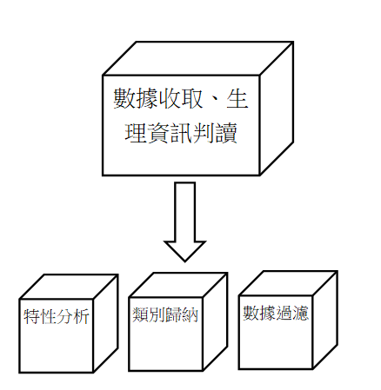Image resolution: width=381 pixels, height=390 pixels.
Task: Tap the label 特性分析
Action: pos(57,316)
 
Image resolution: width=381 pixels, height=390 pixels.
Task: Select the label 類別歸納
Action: pos(165,314)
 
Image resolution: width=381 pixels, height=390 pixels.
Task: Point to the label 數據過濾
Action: pos(276,313)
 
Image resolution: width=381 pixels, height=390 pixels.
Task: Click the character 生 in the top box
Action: pos(237,99)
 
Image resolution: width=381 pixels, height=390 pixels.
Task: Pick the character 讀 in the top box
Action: pos(226,133)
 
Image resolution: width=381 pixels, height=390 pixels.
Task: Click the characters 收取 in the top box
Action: pos(180,99)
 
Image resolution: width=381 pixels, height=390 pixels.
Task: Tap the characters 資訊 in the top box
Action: pos(170,133)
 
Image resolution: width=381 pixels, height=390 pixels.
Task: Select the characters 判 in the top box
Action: pos(204,133)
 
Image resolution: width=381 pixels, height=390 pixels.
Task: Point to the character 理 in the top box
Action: pos(136,133)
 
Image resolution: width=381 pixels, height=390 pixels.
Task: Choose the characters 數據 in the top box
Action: pos(135,99)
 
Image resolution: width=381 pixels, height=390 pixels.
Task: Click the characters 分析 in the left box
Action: pos(73,316)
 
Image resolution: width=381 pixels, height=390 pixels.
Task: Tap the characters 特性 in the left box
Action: pos(40,316)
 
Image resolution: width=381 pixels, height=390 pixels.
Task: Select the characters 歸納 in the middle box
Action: pos(182,314)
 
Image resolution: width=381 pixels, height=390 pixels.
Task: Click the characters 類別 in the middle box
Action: pos(149,314)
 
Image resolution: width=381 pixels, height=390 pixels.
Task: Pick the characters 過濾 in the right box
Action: pos(292,313)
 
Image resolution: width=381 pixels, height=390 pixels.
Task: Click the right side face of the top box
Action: pos(277,109)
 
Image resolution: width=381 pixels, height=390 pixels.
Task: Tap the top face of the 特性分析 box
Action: pos(69,287)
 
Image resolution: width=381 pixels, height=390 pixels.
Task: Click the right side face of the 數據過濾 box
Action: pos(325,320)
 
